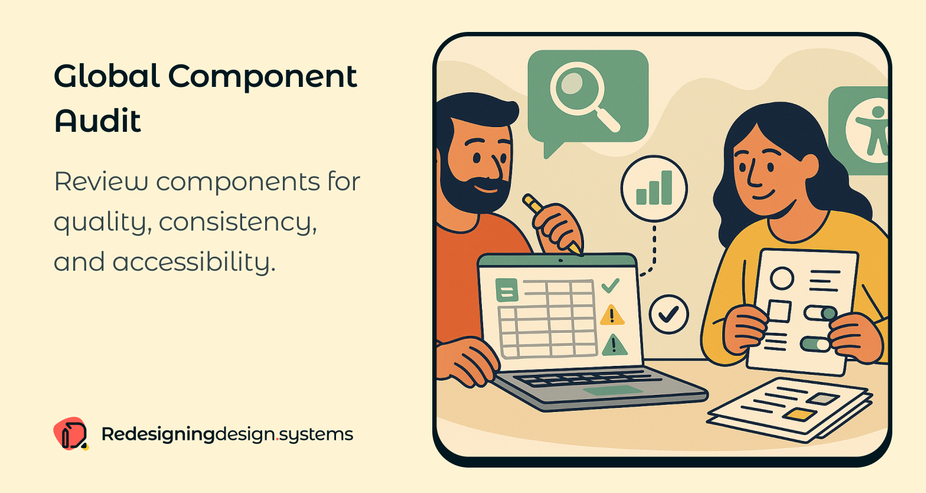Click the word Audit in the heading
click(x=98, y=121)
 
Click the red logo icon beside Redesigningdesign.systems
click(x=70, y=434)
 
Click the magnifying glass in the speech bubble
click(x=582, y=95)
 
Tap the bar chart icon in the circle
click(x=654, y=189)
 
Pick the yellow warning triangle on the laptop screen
click(x=612, y=316)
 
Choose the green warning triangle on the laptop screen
click(x=614, y=345)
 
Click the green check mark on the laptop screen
click(x=610, y=286)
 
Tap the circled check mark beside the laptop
click(x=669, y=314)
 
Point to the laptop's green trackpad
click(x=612, y=391)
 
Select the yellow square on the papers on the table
click(x=800, y=414)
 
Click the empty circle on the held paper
click(x=782, y=278)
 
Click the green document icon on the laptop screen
click(x=507, y=290)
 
